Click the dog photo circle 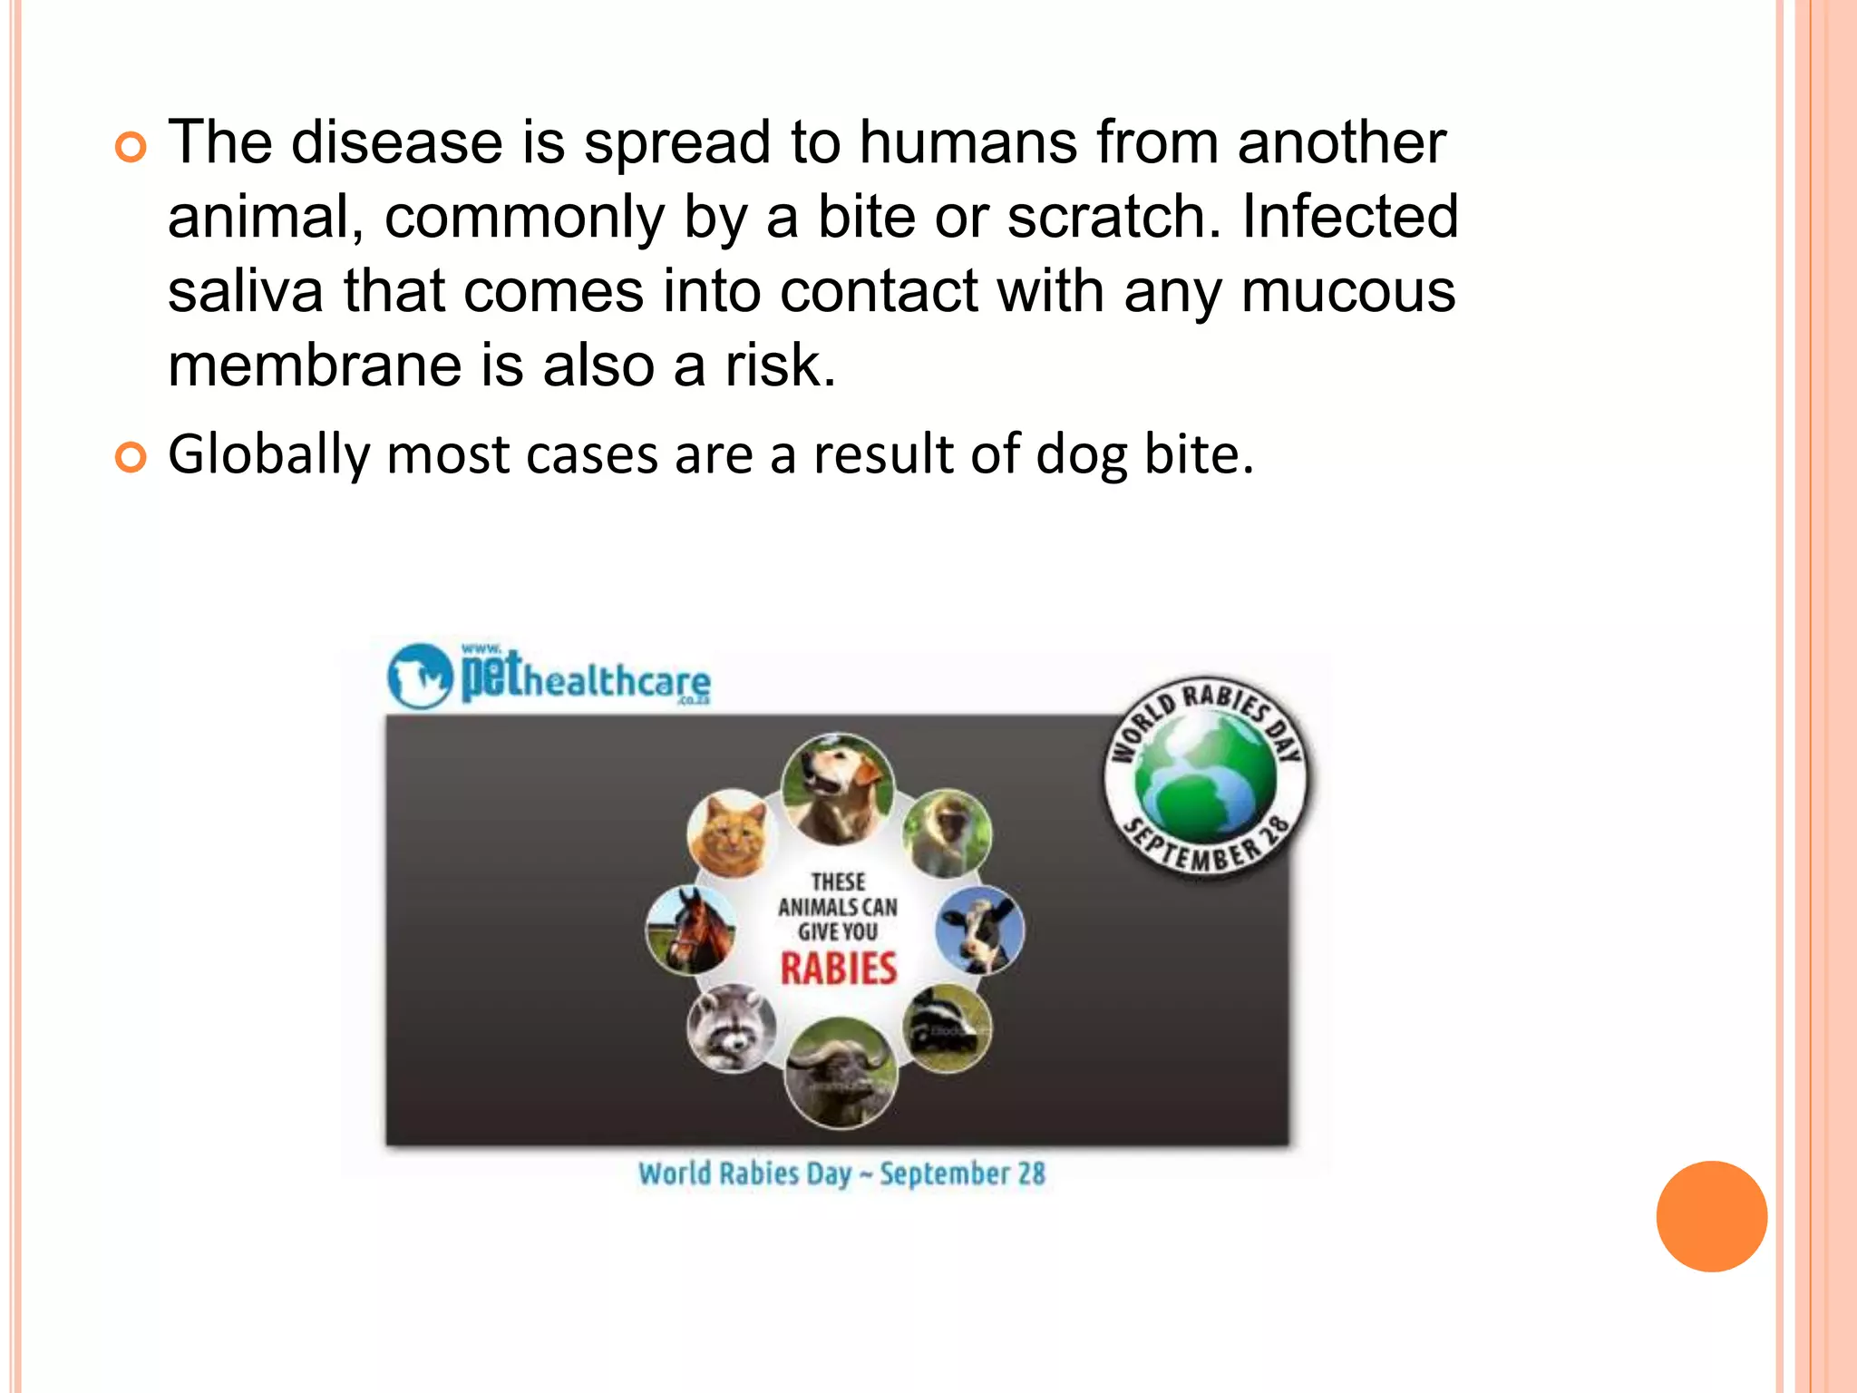pos(837,787)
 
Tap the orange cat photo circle pos(728,834)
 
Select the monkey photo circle pos(947,833)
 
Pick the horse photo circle pos(691,930)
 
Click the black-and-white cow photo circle pos(979,930)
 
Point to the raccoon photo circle pos(731,1028)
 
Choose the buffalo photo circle pos(840,1073)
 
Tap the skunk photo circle pos(947,1028)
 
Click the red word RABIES pos(839,969)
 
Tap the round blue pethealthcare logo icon pos(420,676)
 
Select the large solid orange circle pos(1711,1216)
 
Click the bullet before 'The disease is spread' pos(131,146)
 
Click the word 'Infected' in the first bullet pos(1350,217)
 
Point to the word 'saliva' pos(245,291)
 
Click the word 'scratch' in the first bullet pos(1107,217)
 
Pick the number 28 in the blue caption pos(1030,1174)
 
